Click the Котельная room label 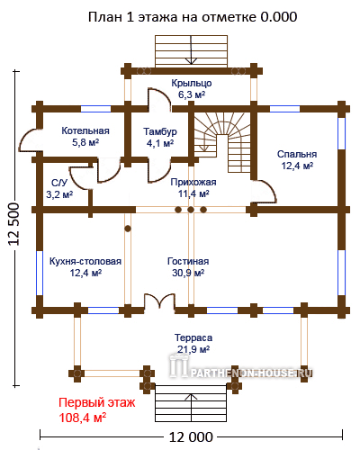(85, 137)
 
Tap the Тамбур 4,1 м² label (160, 138)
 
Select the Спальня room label (297, 159)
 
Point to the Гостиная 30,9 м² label (188, 266)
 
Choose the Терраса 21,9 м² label (193, 343)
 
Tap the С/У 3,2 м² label (59, 189)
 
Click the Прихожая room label (193, 188)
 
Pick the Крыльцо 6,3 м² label (192, 88)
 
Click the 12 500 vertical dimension (14, 224)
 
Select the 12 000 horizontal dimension (191, 437)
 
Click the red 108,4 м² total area (83, 418)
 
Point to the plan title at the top (193, 17)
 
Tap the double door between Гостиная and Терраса (159, 301)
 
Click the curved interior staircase (222, 142)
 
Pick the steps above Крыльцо (191, 51)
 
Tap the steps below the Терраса (191, 403)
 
